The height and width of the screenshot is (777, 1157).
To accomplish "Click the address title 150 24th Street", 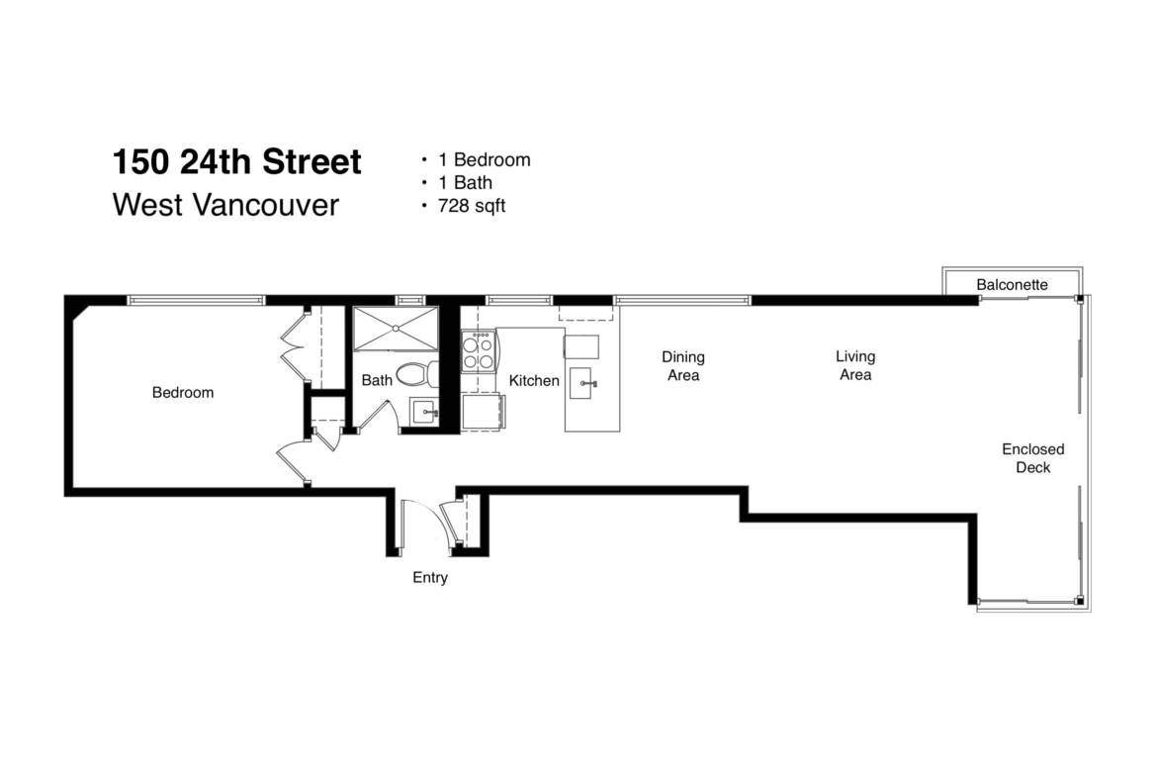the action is (237, 161).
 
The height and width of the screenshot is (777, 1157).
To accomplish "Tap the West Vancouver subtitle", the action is (225, 205).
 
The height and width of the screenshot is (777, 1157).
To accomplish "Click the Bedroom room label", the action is (183, 392).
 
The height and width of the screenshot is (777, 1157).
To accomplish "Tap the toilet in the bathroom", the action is (417, 374).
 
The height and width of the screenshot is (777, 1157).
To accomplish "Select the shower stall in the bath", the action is (396, 329).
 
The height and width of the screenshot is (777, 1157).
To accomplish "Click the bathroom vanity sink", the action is (425, 412).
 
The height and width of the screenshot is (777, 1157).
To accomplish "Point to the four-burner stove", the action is (479, 351).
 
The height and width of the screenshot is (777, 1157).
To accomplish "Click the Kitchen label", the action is (534, 380).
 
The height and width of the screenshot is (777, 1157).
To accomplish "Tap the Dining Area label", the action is (683, 365).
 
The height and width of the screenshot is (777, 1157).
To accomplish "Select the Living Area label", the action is (855, 365).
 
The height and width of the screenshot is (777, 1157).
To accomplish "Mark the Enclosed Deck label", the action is (1033, 458).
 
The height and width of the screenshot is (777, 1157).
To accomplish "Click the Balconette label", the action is (1012, 284).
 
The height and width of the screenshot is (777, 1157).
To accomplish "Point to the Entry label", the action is (430, 577).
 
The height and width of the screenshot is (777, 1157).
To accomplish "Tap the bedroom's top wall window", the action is (196, 301).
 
